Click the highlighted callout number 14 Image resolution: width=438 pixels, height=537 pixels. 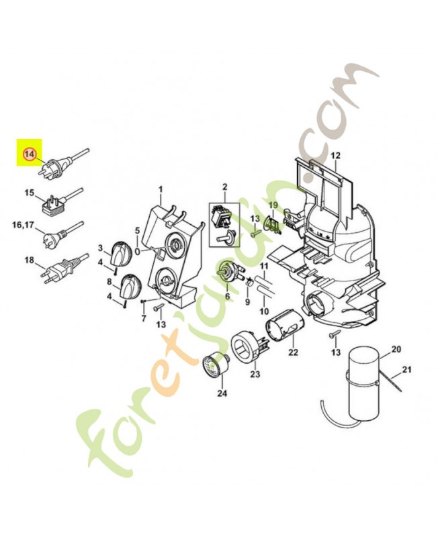(30, 154)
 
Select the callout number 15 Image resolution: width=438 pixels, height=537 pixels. (29, 193)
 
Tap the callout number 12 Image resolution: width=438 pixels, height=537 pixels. (336, 156)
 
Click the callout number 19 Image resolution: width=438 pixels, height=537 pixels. (273, 205)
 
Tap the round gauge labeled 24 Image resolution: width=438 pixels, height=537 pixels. (216, 365)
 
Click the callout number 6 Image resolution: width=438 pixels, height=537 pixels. (227, 296)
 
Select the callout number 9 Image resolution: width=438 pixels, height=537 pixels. (247, 302)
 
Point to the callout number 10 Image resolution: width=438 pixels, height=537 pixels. (263, 311)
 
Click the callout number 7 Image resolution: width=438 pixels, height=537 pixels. (142, 318)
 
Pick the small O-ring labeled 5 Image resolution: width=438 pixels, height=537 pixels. (137, 251)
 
